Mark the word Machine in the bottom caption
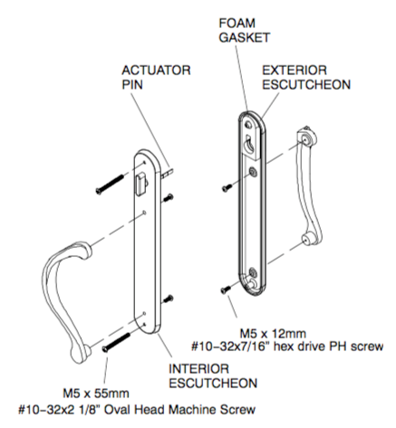[205, 407]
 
